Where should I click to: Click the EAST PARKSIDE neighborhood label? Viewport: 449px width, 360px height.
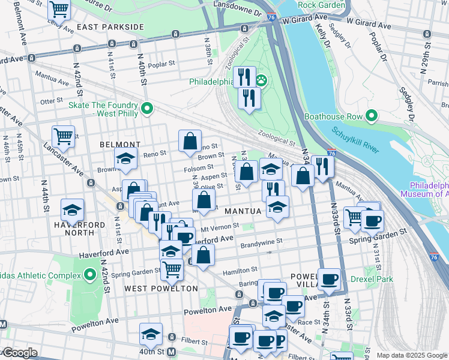click(110, 27)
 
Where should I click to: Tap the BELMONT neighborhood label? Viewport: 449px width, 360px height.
click(119, 145)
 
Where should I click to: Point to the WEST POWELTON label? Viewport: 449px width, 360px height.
click(160, 289)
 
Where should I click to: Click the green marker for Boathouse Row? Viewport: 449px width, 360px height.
click(372, 115)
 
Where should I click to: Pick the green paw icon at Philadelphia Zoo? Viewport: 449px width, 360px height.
click(261, 80)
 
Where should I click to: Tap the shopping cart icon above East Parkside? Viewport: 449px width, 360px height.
click(59, 8)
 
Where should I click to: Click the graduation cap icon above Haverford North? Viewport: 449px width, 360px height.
click(73, 210)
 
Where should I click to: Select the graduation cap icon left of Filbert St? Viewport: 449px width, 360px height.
click(151, 334)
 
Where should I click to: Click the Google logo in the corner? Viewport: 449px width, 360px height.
click(19, 353)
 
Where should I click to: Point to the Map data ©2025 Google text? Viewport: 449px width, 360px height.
click(411, 355)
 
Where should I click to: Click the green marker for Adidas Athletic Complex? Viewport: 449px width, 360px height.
click(90, 275)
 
